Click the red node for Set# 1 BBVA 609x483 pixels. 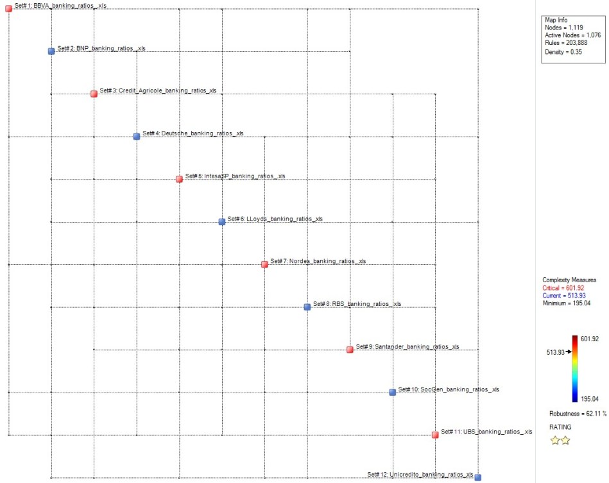(8, 8)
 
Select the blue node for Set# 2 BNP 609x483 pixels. (51, 51)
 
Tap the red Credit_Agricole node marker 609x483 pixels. (94, 94)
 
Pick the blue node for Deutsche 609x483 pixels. (136, 136)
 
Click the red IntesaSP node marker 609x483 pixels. (179, 179)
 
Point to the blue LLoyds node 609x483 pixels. (221, 221)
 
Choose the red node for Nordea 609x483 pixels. (264, 264)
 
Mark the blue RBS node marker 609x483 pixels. (307, 307)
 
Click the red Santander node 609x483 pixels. (350, 350)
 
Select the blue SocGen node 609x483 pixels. (392, 392)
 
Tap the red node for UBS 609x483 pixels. (435, 434)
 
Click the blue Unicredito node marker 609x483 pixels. (477, 477)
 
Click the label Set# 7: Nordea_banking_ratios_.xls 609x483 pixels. (318, 261)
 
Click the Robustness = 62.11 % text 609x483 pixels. (578, 413)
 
